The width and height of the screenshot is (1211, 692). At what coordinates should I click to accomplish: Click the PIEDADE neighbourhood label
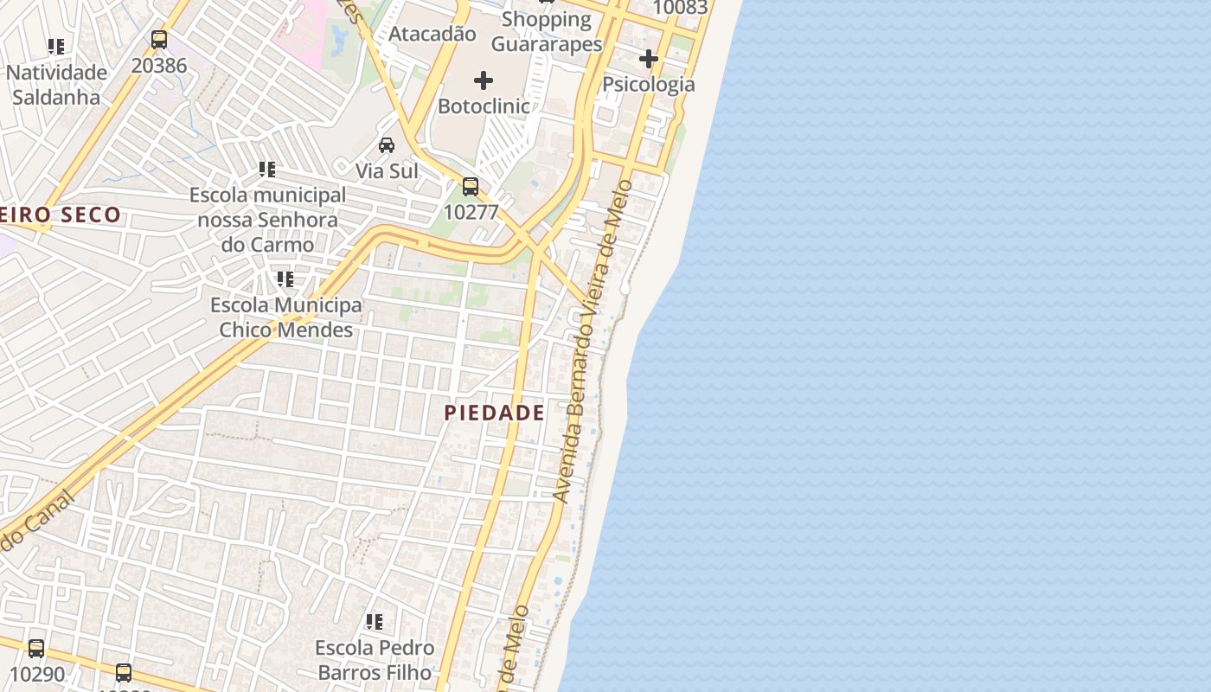point(495,413)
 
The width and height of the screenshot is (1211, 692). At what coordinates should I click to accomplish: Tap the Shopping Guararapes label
point(546,31)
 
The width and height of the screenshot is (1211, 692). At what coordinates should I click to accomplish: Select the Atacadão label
point(432,34)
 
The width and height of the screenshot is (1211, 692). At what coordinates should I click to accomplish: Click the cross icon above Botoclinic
point(484,80)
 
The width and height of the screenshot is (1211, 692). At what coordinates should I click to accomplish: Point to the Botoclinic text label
point(484,106)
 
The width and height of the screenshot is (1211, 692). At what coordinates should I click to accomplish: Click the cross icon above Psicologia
point(649,59)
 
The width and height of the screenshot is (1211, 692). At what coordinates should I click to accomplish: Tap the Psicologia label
point(649,84)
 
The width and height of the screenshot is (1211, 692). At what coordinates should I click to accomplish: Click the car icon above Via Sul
point(387,144)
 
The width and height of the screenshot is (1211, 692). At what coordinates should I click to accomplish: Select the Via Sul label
point(387,170)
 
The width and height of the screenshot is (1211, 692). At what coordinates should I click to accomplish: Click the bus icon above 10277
point(470,186)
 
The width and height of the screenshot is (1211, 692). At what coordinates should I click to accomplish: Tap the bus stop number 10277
point(470,211)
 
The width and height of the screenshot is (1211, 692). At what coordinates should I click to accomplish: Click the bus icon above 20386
point(159,39)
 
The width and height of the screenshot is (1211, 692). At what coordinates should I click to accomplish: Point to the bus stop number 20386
point(159,64)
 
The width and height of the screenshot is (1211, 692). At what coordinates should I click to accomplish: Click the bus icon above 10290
point(36,648)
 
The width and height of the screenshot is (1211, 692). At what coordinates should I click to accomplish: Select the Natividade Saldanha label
point(56,85)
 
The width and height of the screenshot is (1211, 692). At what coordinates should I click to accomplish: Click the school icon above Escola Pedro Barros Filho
point(375,622)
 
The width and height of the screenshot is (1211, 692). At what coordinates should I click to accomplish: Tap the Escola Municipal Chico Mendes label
point(286,317)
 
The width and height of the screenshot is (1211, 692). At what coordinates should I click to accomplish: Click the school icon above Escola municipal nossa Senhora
point(267,170)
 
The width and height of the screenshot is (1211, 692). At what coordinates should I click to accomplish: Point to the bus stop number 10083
point(680,8)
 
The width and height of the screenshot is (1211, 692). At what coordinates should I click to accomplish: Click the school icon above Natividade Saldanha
point(56,46)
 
